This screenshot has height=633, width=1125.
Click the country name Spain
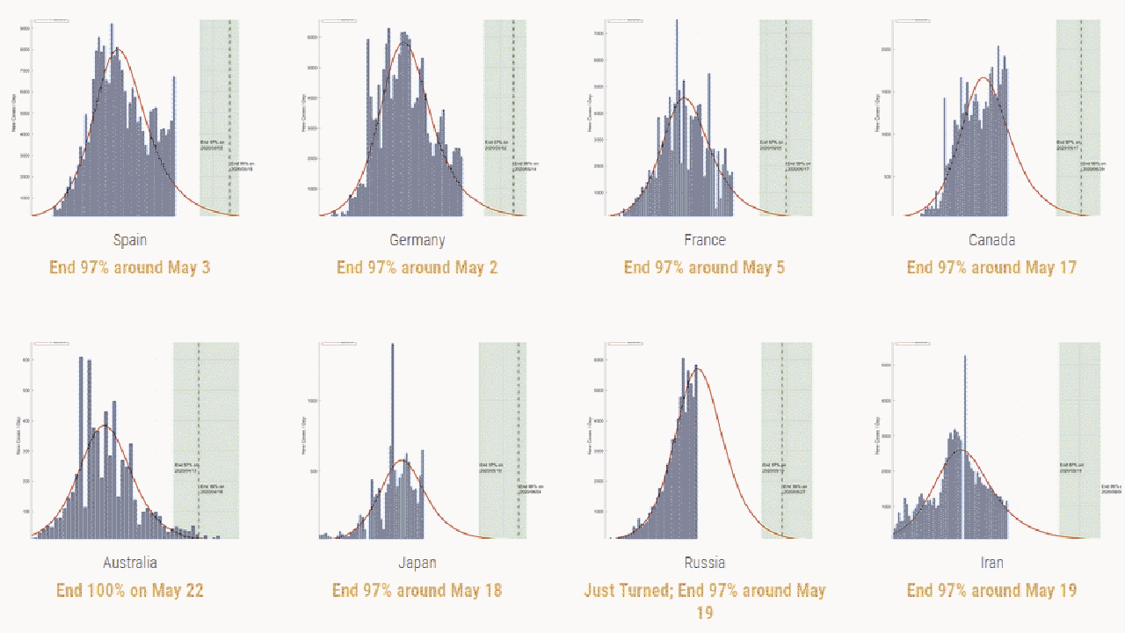click(x=130, y=240)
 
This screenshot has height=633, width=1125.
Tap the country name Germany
click(x=417, y=240)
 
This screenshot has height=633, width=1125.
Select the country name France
click(x=704, y=240)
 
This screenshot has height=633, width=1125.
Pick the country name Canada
click(x=991, y=240)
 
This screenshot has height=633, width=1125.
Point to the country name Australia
click(x=130, y=563)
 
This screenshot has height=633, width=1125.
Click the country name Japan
click(x=417, y=563)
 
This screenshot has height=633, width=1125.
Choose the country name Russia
click(x=704, y=563)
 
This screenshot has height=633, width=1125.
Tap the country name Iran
click(x=991, y=563)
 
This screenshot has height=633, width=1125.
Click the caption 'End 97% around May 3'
click(x=130, y=267)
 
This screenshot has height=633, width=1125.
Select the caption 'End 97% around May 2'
click(x=417, y=267)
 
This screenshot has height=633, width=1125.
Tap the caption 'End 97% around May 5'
click(x=704, y=267)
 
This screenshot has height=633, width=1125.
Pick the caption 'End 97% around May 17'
click(x=991, y=267)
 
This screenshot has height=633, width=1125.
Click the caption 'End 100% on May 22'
click(x=130, y=591)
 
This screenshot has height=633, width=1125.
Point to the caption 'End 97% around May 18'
click(x=417, y=591)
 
